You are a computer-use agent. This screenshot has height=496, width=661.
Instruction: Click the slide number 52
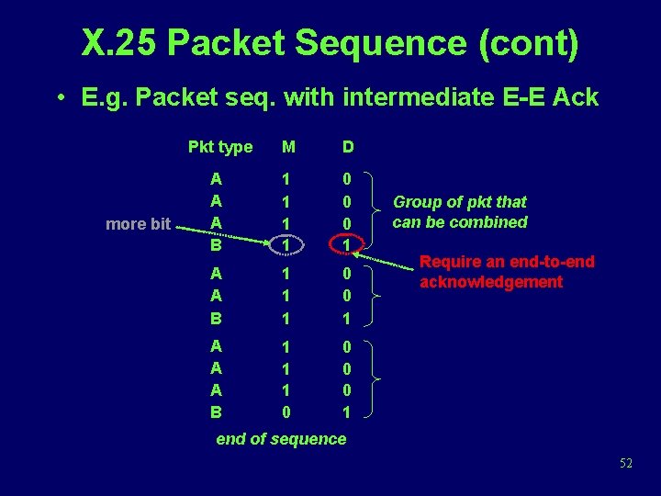tap(625, 464)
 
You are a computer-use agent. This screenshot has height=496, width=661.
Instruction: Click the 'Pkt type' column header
tap(219, 147)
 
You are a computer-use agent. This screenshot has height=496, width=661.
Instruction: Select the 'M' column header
tap(288, 147)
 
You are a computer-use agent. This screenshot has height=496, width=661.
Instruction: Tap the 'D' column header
tap(349, 147)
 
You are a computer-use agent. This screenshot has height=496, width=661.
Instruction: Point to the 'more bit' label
tap(138, 223)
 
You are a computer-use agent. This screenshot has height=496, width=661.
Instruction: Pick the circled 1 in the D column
tap(345, 244)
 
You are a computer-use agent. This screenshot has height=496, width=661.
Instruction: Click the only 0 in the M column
tap(288, 412)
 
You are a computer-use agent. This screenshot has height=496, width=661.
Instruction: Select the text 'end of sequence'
tap(281, 439)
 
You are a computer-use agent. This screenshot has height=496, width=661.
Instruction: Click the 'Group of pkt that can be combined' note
tap(460, 212)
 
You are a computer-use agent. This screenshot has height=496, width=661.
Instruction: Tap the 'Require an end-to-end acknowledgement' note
tap(506, 272)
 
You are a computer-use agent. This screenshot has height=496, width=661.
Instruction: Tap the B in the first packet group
tap(215, 244)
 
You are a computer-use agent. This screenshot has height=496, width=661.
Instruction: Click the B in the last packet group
tap(215, 412)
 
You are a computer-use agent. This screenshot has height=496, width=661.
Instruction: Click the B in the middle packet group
tap(215, 318)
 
